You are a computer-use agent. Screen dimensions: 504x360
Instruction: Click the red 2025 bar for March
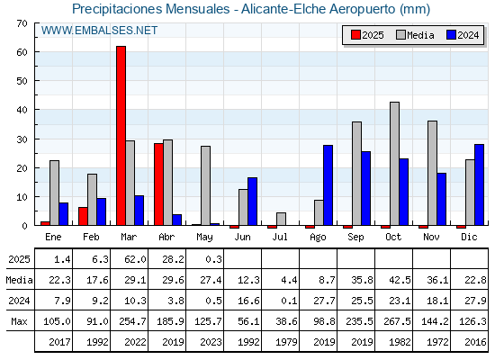click(121, 136)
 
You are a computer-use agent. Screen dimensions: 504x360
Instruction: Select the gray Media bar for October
click(394, 164)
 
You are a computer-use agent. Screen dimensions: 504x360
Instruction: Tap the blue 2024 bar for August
click(328, 185)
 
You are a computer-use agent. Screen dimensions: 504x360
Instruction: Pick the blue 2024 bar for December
click(479, 184)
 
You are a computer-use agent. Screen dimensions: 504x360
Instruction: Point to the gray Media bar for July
click(281, 219)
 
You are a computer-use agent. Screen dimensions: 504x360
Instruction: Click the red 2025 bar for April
click(158, 184)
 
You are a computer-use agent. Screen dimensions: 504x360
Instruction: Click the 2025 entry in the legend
click(367, 35)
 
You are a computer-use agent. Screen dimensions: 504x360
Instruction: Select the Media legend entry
click(415, 35)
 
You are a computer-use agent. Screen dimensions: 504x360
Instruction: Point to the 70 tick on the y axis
click(22, 23)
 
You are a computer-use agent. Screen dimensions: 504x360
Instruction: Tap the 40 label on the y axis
click(22, 110)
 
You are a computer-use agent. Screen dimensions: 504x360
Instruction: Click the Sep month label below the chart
click(355, 238)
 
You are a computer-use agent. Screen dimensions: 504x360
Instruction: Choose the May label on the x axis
click(204, 238)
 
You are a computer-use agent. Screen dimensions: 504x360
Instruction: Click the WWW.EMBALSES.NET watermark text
click(99, 31)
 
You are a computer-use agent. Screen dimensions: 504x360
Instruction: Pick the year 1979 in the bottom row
click(286, 342)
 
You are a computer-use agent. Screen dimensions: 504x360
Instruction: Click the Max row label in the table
click(19, 321)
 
